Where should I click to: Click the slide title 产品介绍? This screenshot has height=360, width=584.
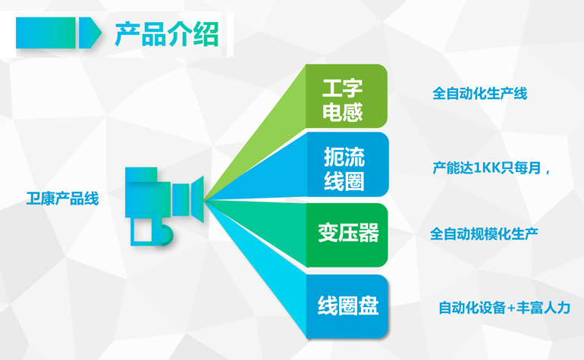(167, 34)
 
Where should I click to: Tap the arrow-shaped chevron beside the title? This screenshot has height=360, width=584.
(89, 33)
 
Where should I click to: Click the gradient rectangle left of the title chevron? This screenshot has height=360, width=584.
(46, 33)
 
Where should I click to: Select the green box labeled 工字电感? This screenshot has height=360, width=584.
(347, 96)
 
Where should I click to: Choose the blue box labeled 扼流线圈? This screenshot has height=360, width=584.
(347, 164)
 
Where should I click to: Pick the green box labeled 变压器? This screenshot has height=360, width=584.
(347, 235)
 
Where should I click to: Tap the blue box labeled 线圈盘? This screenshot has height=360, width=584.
(347, 306)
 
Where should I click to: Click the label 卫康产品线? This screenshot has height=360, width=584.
(62, 199)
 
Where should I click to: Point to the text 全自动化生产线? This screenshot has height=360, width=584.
(479, 93)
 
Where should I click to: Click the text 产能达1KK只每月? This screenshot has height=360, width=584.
(487, 168)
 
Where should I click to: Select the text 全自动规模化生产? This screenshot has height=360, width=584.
(484, 233)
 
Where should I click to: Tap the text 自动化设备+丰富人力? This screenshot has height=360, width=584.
(504, 308)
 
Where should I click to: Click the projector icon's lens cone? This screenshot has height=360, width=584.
(198, 199)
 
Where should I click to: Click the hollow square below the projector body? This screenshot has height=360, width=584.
(142, 231)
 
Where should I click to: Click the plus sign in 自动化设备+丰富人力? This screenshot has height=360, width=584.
(510, 308)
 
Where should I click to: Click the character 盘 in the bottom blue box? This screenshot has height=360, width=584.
(368, 306)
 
